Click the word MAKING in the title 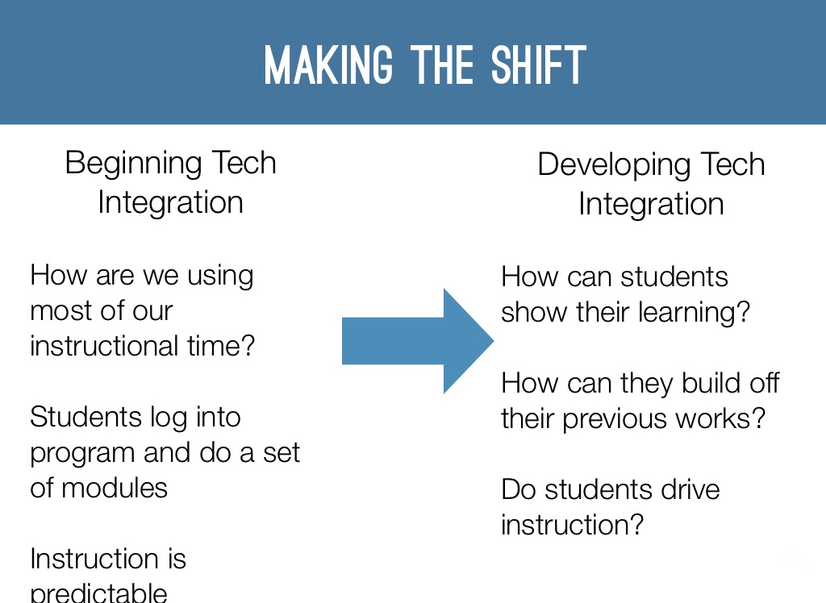[x=329, y=64]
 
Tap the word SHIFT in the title [x=538, y=64]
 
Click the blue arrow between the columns [x=418, y=341]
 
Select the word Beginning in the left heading [x=133, y=164]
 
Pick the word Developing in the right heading [x=614, y=165]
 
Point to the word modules [x=115, y=488]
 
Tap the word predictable [x=98, y=593]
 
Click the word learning [x=694, y=313]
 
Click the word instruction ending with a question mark [x=572, y=525]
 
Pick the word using [x=220, y=277]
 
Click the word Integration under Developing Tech [x=651, y=204]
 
